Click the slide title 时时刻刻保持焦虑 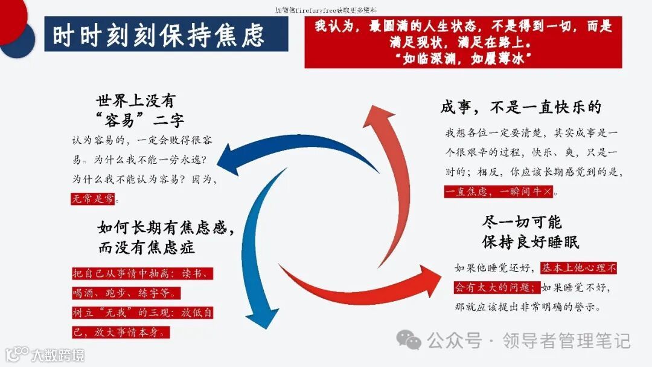158,35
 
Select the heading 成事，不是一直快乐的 520,108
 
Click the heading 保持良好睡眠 531,242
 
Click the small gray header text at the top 325,10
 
